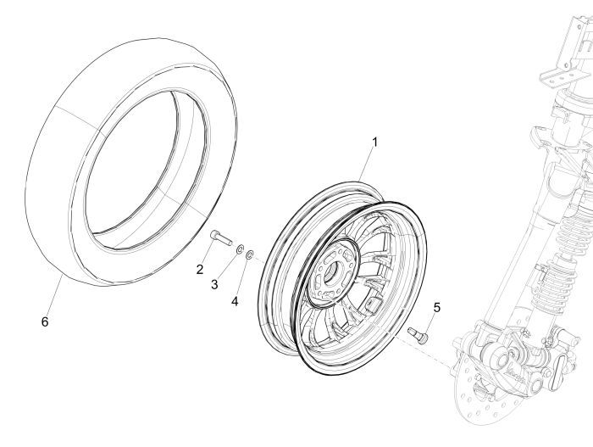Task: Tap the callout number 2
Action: pos(200,270)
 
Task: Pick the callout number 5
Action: pos(437,307)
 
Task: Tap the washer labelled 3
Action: pos(240,248)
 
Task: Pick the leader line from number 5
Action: pos(430,321)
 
